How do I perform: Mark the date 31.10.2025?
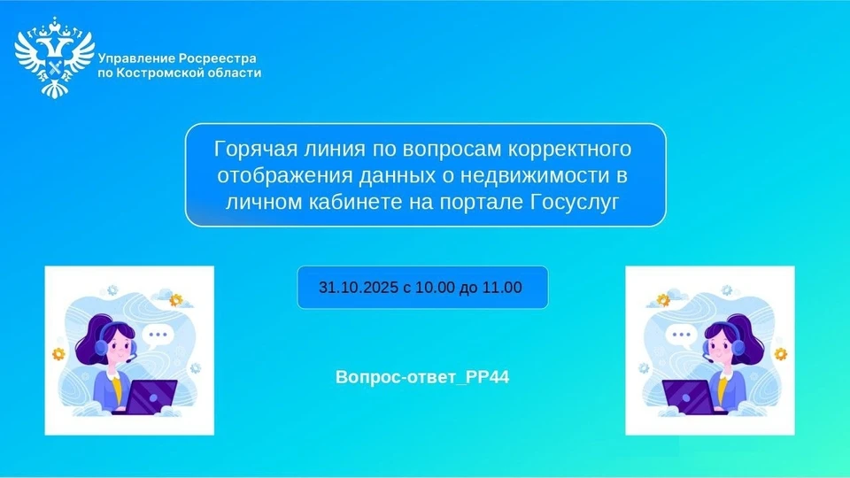(x=356, y=288)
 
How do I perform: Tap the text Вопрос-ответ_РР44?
(x=423, y=377)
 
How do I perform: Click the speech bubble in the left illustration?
(x=158, y=335)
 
